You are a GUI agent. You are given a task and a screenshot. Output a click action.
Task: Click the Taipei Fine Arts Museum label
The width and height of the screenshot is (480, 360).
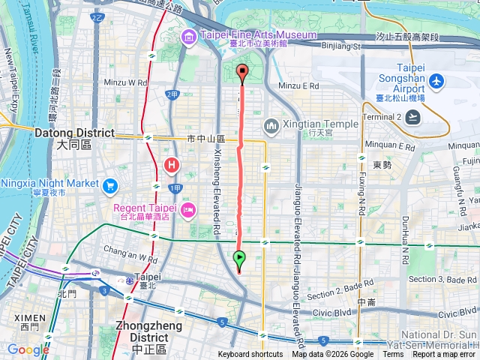point(258,34)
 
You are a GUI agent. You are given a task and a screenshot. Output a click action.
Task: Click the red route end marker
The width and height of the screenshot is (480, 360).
point(241,72)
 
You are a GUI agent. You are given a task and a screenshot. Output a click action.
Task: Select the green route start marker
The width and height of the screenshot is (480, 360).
point(239,260)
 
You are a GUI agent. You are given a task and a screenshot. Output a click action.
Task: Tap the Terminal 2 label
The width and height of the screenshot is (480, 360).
point(382,116)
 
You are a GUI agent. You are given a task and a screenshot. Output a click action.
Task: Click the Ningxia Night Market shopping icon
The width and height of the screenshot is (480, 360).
point(111,184)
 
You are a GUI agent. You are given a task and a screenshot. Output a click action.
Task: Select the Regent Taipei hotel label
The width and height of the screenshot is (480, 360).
point(145,208)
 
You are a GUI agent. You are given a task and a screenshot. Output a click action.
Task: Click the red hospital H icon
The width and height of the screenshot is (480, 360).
point(172,163)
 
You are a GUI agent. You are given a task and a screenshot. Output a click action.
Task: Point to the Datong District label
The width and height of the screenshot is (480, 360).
point(73,133)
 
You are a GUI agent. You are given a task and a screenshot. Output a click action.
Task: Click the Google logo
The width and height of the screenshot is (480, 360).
point(28,349)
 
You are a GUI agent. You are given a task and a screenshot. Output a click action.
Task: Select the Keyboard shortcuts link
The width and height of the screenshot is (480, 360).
point(251,355)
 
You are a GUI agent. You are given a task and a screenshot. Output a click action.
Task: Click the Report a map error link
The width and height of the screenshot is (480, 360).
point(445,355)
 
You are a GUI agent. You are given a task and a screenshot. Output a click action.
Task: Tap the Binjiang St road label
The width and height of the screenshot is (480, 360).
point(341,46)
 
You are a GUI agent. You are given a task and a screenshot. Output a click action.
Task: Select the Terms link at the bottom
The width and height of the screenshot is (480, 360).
point(393,355)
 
